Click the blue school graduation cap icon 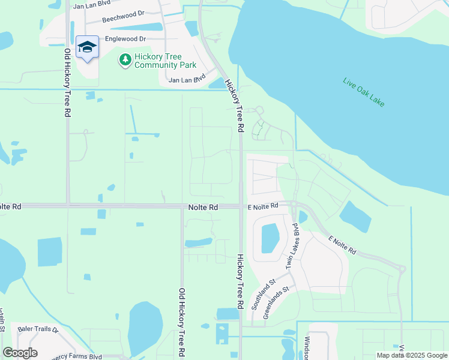[87, 47]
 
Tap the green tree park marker [125, 59]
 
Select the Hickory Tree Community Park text [157, 60]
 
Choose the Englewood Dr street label [125, 38]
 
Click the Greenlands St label [276, 305]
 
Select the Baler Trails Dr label [38, 329]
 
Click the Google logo [20, 352]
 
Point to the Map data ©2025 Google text [411, 355]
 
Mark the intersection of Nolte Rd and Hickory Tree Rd [240, 206]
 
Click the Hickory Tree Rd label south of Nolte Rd [240, 281]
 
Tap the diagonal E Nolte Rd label [342, 245]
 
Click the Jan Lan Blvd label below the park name [187, 79]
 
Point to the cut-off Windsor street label [306, 347]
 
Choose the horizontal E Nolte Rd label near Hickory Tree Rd [263, 206]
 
